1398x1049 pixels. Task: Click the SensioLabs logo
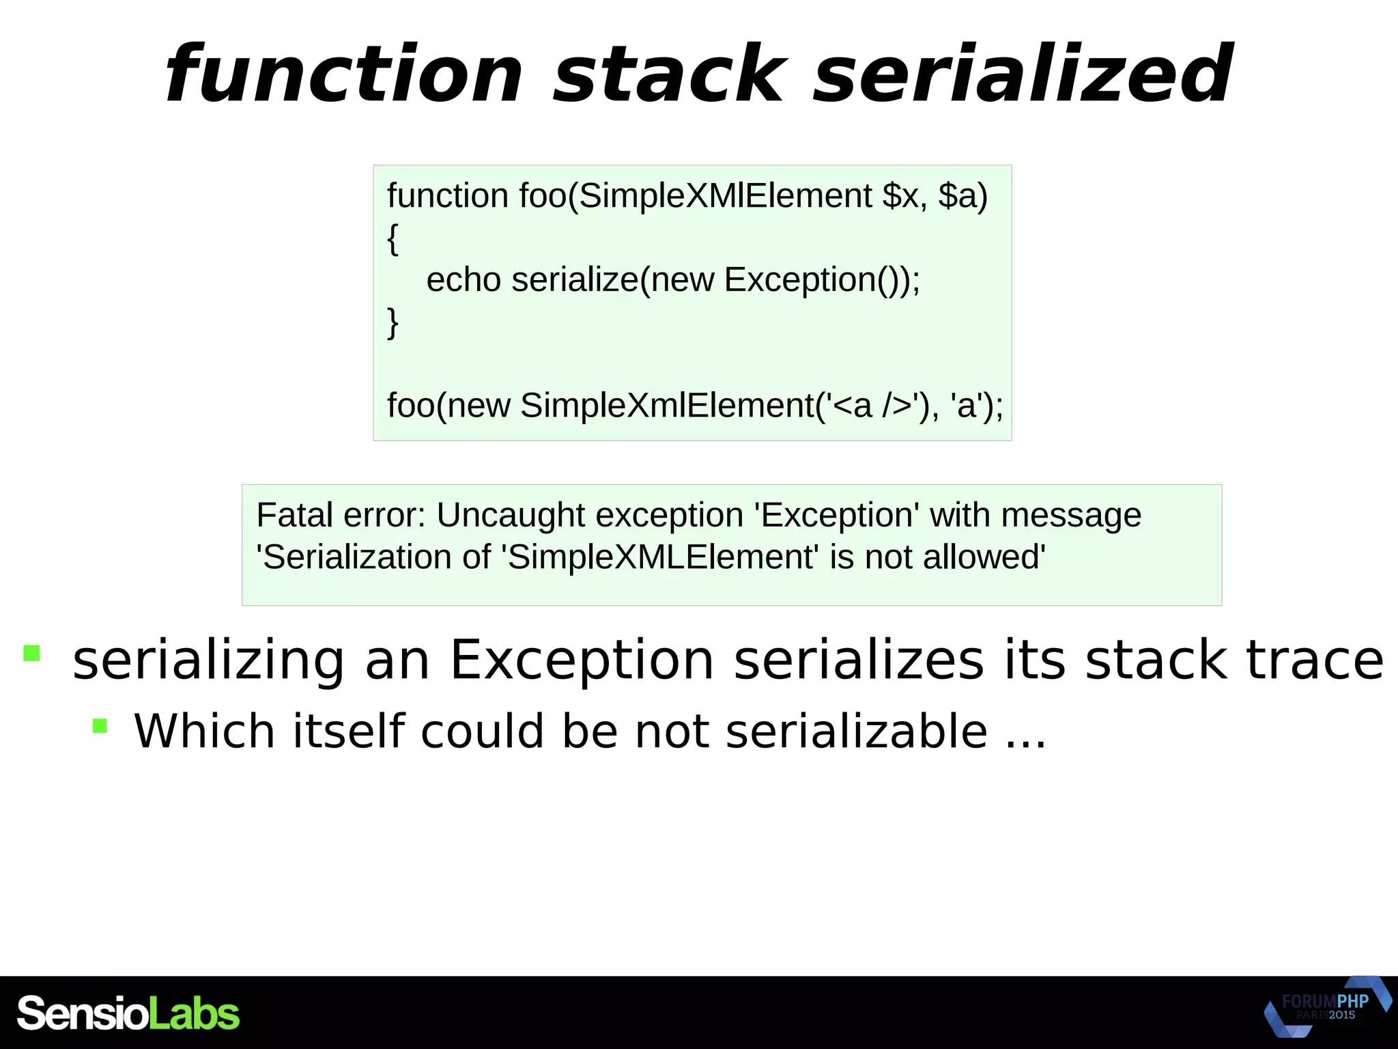click(128, 1013)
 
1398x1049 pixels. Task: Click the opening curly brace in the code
click(393, 238)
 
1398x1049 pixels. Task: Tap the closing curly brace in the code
click(393, 322)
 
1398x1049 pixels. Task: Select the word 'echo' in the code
click(463, 280)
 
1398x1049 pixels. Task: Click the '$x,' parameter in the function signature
click(904, 196)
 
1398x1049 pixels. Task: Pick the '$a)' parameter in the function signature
click(963, 196)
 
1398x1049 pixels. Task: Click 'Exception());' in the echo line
click(822, 280)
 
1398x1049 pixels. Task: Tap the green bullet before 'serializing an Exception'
click(31, 653)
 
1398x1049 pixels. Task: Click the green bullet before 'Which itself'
click(100, 725)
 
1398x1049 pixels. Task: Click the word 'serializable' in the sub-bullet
click(856, 731)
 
